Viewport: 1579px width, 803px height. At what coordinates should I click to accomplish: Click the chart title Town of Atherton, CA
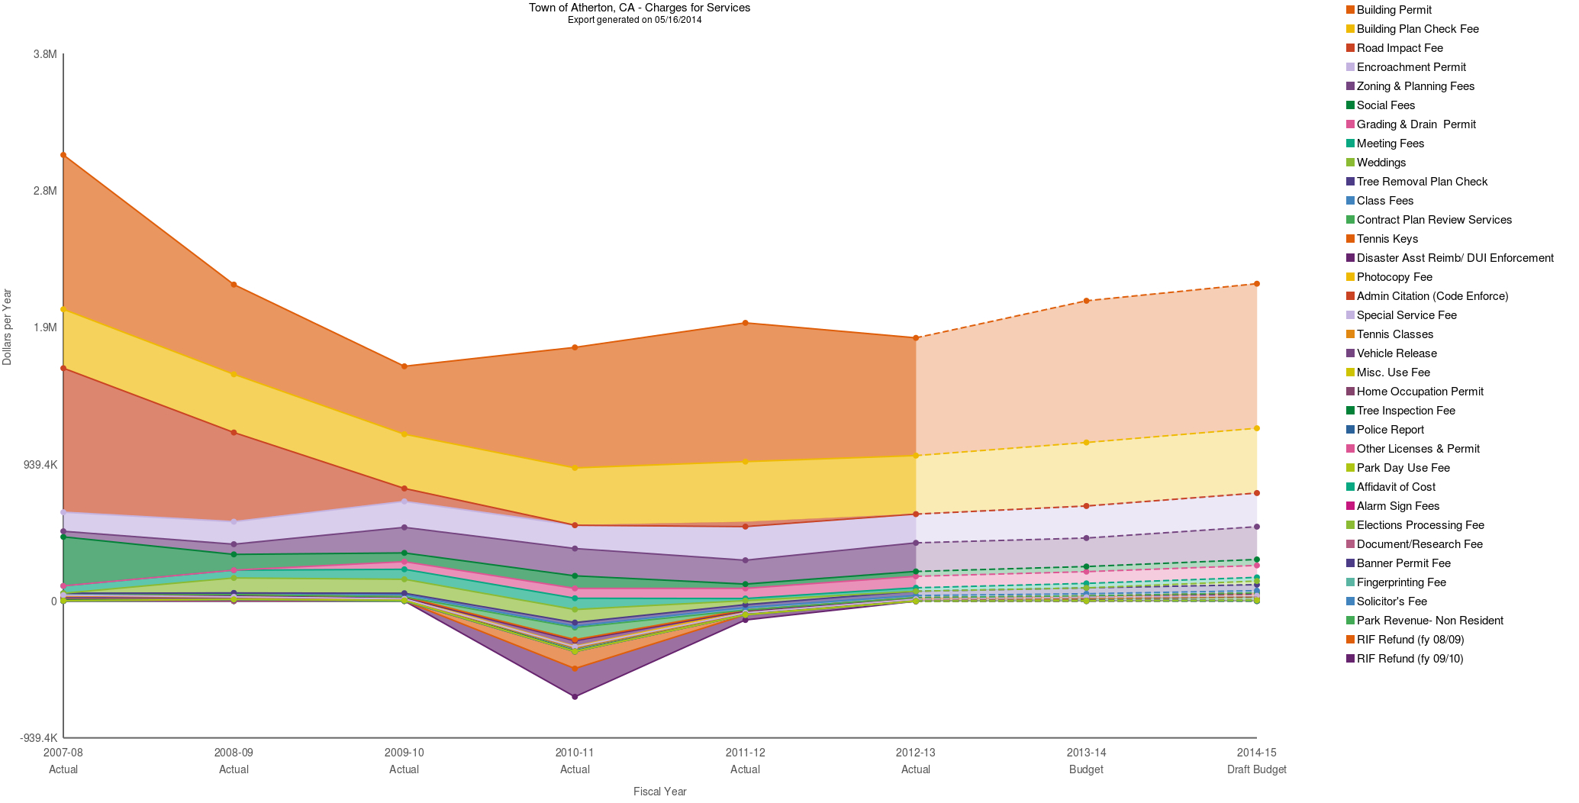coord(639,8)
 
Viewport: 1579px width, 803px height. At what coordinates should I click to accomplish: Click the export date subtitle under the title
coord(634,20)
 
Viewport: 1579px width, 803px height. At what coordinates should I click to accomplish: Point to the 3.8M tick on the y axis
coord(44,54)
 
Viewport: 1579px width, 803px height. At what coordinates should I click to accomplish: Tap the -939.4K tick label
coord(38,738)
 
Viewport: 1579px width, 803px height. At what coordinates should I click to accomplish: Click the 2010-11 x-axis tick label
coord(575,753)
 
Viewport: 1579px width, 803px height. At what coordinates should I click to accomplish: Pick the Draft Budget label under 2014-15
coord(1256,769)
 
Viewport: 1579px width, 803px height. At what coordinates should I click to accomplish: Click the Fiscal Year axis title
coord(659,792)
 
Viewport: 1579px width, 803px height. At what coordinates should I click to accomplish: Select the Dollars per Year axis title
coord(8,327)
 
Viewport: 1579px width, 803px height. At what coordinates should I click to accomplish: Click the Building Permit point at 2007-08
coord(63,155)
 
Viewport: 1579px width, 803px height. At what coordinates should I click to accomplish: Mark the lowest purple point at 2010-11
coord(575,697)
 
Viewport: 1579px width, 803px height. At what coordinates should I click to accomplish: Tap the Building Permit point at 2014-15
coord(1256,284)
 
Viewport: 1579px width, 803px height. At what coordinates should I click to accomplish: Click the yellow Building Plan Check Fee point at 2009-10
coord(404,434)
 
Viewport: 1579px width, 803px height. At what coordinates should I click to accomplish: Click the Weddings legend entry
coord(1381,163)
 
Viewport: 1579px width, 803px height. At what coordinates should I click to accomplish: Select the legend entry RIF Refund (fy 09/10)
coord(1409,659)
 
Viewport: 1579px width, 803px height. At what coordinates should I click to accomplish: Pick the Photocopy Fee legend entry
coord(1394,277)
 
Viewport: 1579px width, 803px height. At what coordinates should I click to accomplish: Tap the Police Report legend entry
coord(1390,430)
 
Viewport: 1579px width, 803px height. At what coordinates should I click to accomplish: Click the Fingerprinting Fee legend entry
coord(1400,582)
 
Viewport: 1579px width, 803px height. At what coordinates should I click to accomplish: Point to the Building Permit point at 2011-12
coord(745,323)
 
